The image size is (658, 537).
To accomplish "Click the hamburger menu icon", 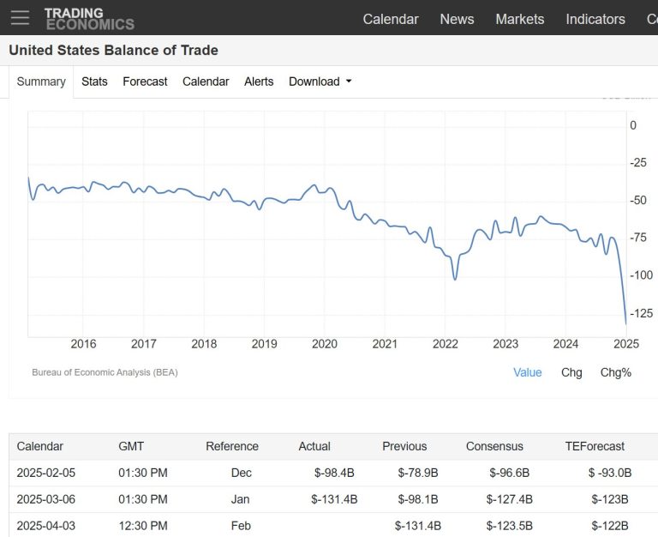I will [x=20, y=17].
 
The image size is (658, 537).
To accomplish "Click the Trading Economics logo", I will [x=89, y=18].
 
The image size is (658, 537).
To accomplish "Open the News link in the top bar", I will [x=457, y=19].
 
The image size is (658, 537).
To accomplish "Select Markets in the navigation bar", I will [x=519, y=19].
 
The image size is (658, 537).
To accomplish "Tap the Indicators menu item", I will [x=595, y=19].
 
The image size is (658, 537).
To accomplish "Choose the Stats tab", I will [x=94, y=81].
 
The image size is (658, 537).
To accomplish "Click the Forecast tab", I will [x=145, y=81].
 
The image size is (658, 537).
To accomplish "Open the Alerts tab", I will [x=259, y=81].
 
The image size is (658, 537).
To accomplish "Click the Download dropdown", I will [x=320, y=81].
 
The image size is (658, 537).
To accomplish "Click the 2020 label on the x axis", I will [x=325, y=344].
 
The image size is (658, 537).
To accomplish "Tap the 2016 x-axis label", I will [x=83, y=344].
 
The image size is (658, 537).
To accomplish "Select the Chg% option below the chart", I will [x=615, y=372].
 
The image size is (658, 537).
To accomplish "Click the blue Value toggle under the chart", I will [x=528, y=372].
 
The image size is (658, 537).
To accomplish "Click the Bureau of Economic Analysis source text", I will [x=105, y=372].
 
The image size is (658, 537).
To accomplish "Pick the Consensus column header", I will [x=494, y=446].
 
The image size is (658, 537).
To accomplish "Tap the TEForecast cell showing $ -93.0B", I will [x=610, y=473].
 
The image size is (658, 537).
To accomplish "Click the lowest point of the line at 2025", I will [x=625, y=323].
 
